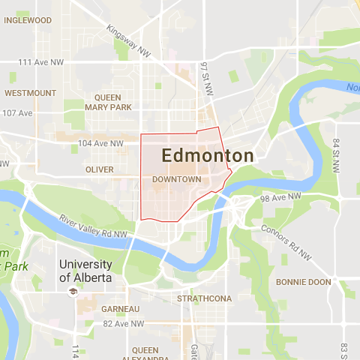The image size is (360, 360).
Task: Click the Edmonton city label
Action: pyautogui.click(x=208, y=156)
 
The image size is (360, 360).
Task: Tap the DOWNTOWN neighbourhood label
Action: pyautogui.click(x=176, y=180)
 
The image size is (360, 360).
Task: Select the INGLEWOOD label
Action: pyautogui.click(x=28, y=20)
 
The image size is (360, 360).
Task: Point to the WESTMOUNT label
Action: pyautogui.click(x=30, y=93)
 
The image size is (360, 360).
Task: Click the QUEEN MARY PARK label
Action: pyautogui.click(x=112, y=102)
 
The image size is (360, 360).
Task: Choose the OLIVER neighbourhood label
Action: pyautogui.click(x=100, y=169)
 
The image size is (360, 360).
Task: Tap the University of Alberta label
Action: pyautogui.click(x=85, y=271)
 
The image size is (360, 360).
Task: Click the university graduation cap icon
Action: pyautogui.click(x=73, y=290)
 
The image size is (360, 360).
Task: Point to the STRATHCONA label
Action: pyautogui.click(x=205, y=298)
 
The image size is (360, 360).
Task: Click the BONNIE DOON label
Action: pyautogui.click(x=303, y=282)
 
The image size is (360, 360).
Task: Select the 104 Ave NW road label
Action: pyautogui.click(x=100, y=143)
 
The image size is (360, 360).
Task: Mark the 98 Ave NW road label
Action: pyautogui.click(x=280, y=196)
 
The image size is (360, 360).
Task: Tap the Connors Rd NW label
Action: pyautogui.click(x=286, y=242)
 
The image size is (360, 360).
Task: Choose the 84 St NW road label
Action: pyautogui.click(x=337, y=153)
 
